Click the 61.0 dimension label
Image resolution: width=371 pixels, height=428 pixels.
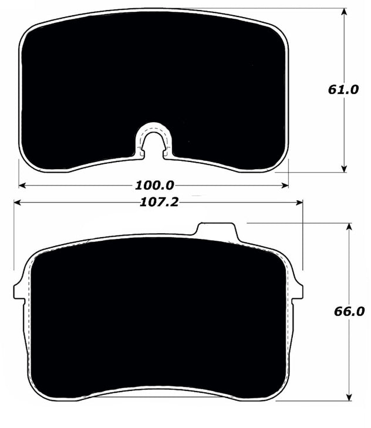pos(343,90)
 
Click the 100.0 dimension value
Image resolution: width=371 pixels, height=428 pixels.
pos(154,186)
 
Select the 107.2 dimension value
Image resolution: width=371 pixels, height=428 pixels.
pos(159,203)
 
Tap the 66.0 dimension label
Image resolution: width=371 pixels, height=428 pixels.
pos(349,311)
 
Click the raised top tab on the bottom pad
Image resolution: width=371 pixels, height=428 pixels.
pos(218,231)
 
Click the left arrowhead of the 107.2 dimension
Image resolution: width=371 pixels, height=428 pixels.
pos(18,203)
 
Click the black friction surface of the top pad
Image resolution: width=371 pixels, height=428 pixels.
pos(153,76)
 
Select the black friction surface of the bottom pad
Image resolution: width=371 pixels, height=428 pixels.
pos(158,317)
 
